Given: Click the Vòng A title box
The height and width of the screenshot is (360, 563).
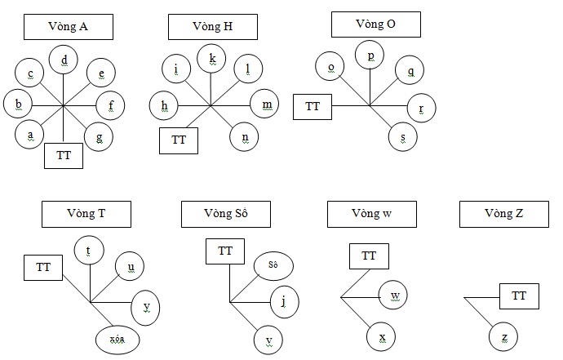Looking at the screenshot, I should click(x=68, y=27).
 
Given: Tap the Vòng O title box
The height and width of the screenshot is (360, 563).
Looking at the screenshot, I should click(x=375, y=24).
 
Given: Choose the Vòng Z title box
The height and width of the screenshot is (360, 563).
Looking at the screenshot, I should click(x=503, y=215).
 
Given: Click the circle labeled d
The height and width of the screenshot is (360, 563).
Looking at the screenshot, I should click(x=64, y=59).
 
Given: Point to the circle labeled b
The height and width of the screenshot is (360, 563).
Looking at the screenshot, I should click(x=18, y=104).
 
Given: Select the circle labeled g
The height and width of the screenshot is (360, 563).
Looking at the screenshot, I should click(x=99, y=136).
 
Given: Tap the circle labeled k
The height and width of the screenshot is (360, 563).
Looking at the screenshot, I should click(x=211, y=58).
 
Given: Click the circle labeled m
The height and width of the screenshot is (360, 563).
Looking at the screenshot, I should click(x=265, y=104).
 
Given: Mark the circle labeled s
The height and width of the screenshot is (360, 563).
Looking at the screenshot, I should click(x=401, y=136).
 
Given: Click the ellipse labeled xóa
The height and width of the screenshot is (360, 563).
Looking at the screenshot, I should click(x=117, y=338).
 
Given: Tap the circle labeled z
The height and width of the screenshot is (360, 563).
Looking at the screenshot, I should click(x=504, y=336).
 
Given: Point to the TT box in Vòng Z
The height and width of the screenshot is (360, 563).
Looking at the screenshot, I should click(x=519, y=296).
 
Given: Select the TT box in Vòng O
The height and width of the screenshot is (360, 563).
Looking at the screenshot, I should click(x=313, y=107).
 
